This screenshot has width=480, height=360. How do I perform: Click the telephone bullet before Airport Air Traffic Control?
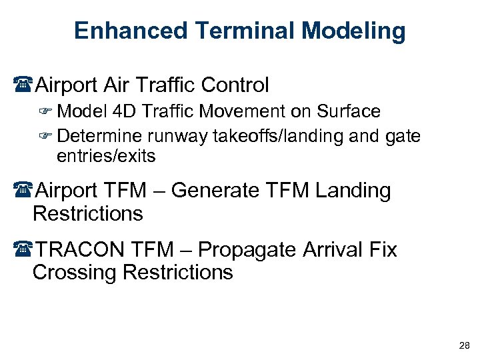click(25, 85)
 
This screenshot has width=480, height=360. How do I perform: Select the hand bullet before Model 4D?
click(47, 112)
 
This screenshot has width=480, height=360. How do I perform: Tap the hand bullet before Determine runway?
click(47, 137)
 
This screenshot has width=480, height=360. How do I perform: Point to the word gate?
click(403, 137)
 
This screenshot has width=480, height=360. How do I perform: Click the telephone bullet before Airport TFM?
click(25, 191)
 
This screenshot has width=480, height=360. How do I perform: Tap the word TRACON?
click(79, 250)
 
